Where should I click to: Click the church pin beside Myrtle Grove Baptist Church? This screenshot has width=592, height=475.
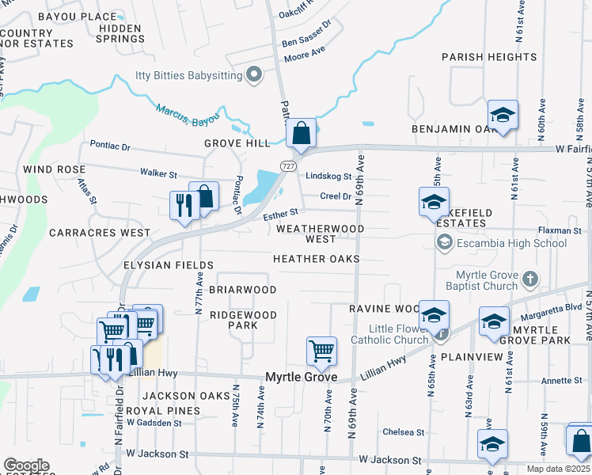(x=530, y=279)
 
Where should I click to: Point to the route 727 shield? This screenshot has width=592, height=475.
(x=288, y=165)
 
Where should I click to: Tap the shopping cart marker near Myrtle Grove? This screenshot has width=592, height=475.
(x=321, y=350)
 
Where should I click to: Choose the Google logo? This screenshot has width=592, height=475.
(x=26, y=465)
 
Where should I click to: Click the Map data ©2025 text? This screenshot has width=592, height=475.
(x=557, y=469)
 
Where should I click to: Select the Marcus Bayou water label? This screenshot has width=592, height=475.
(x=187, y=116)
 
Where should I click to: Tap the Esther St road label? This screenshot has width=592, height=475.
(x=281, y=212)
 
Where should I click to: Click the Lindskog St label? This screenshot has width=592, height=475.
(x=328, y=176)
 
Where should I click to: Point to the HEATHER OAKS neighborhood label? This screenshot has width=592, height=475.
(x=316, y=259)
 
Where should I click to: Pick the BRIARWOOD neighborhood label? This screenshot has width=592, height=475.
(x=242, y=290)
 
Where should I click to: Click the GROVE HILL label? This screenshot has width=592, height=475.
(x=237, y=143)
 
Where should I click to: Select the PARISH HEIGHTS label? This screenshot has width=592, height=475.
(x=489, y=57)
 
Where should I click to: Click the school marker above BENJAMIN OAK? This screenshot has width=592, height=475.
(x=502, y=116)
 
